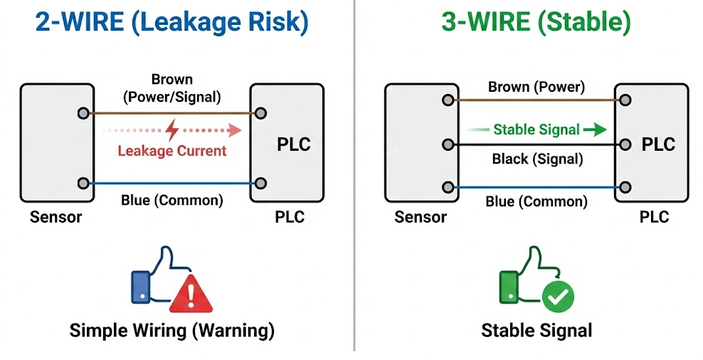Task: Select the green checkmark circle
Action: (558, 297)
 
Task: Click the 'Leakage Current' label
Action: (171, 151)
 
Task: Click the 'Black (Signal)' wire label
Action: (537, 159)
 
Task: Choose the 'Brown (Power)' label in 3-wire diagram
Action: (536, 88)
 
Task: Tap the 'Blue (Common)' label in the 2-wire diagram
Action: (171, 200)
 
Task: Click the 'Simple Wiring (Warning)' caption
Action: (171, 331)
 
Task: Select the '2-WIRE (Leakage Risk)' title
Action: (171, 22)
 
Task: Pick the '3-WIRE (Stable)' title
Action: (536, 22)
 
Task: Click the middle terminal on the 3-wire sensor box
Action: (448, 145)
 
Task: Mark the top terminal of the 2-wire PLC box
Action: (261, 112)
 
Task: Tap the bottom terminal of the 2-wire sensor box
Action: (83, 183)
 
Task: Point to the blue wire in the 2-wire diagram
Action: (171, 183)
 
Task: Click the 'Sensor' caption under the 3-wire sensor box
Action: (421, 217)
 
